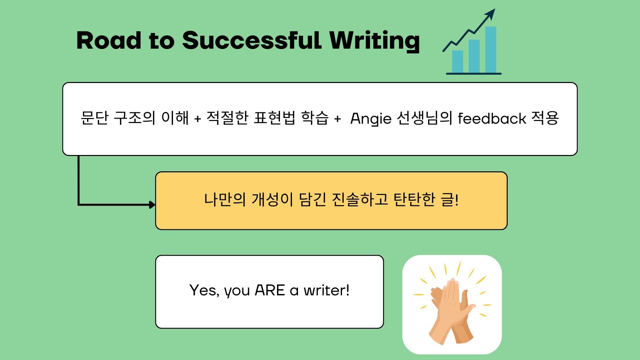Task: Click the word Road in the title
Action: pyautogui.click(x=109, y=40)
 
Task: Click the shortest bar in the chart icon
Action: pyautogui.click(x=458, y=61)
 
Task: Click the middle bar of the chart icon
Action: pyautogui.click(x=474, y=56)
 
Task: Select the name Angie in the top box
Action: pyautogui.click(x=371, y=119)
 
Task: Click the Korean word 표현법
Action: pyautogui.click(x=274, y=118)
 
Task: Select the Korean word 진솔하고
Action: pyautogui.click(x=360, y=199)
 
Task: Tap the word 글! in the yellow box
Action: pyautogui.click(x=450, y=199)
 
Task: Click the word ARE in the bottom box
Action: pyautogui.click(x=270, y=290)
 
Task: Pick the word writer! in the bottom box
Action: pyautogui.click(x=326, y=290)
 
